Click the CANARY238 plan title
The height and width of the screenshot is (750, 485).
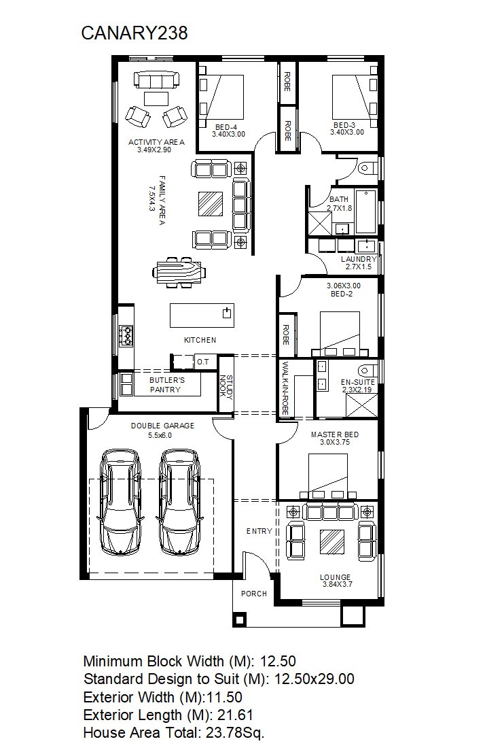(134, 33)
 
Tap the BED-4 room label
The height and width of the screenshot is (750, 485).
(226, 127)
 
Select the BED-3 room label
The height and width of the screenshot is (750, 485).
(344, 125)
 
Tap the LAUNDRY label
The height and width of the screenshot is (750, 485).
(359, 259)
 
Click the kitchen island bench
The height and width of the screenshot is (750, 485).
(202, 316)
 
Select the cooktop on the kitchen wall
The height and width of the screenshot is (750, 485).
(126, 335)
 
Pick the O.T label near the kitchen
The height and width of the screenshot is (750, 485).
(203, 362)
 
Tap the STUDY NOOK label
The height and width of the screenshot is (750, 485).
(226, 388)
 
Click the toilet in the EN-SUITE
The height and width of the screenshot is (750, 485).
(367, 370)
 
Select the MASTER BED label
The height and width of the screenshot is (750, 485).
(335, 434)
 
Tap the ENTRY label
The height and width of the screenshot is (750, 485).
(259, 531)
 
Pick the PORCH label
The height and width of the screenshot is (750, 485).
(254, 594)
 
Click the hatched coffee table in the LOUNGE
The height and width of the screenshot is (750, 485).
(331, 542)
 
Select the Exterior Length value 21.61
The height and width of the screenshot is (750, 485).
(235, 715)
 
